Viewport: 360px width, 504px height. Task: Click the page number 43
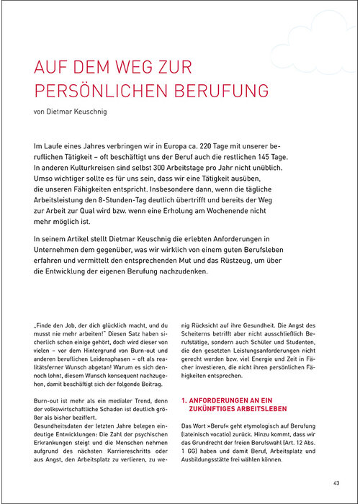pyautogui.click(x=336, y=482)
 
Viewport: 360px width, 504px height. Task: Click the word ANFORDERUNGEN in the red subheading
pyautogui.click(x=224, y=398)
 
